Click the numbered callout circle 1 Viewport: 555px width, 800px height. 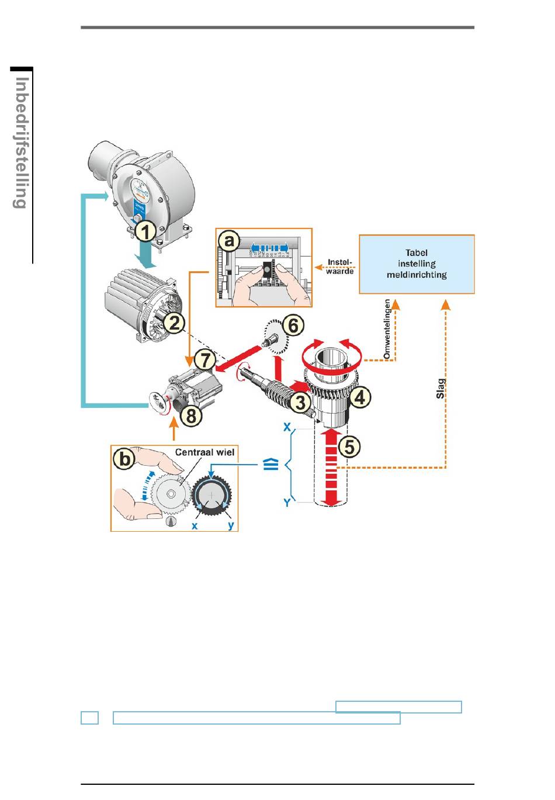pos(146,231)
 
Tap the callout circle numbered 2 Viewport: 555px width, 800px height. pos(174,321)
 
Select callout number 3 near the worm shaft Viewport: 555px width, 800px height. pos(300,402)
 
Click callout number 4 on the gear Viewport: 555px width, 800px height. pos(359,397)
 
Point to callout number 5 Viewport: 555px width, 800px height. pos(349,447)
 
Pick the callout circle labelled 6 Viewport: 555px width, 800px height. pos(293,325)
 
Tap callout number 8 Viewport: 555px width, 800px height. pos(190,416)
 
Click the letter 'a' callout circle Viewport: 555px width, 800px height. pos(230,240)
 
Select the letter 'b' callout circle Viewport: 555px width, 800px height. pos(126,459)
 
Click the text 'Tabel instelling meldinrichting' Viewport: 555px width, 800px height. pos(417,264)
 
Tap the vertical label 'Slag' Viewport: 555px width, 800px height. pos(441,389)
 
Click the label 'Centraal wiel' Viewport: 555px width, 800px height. pos(204,452)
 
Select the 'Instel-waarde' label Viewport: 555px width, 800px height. pos(339,266)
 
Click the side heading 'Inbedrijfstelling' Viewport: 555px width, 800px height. pos(22,143)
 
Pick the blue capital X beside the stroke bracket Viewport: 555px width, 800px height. pos(287,428)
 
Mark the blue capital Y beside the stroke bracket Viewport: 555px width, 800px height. pos(287,502)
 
